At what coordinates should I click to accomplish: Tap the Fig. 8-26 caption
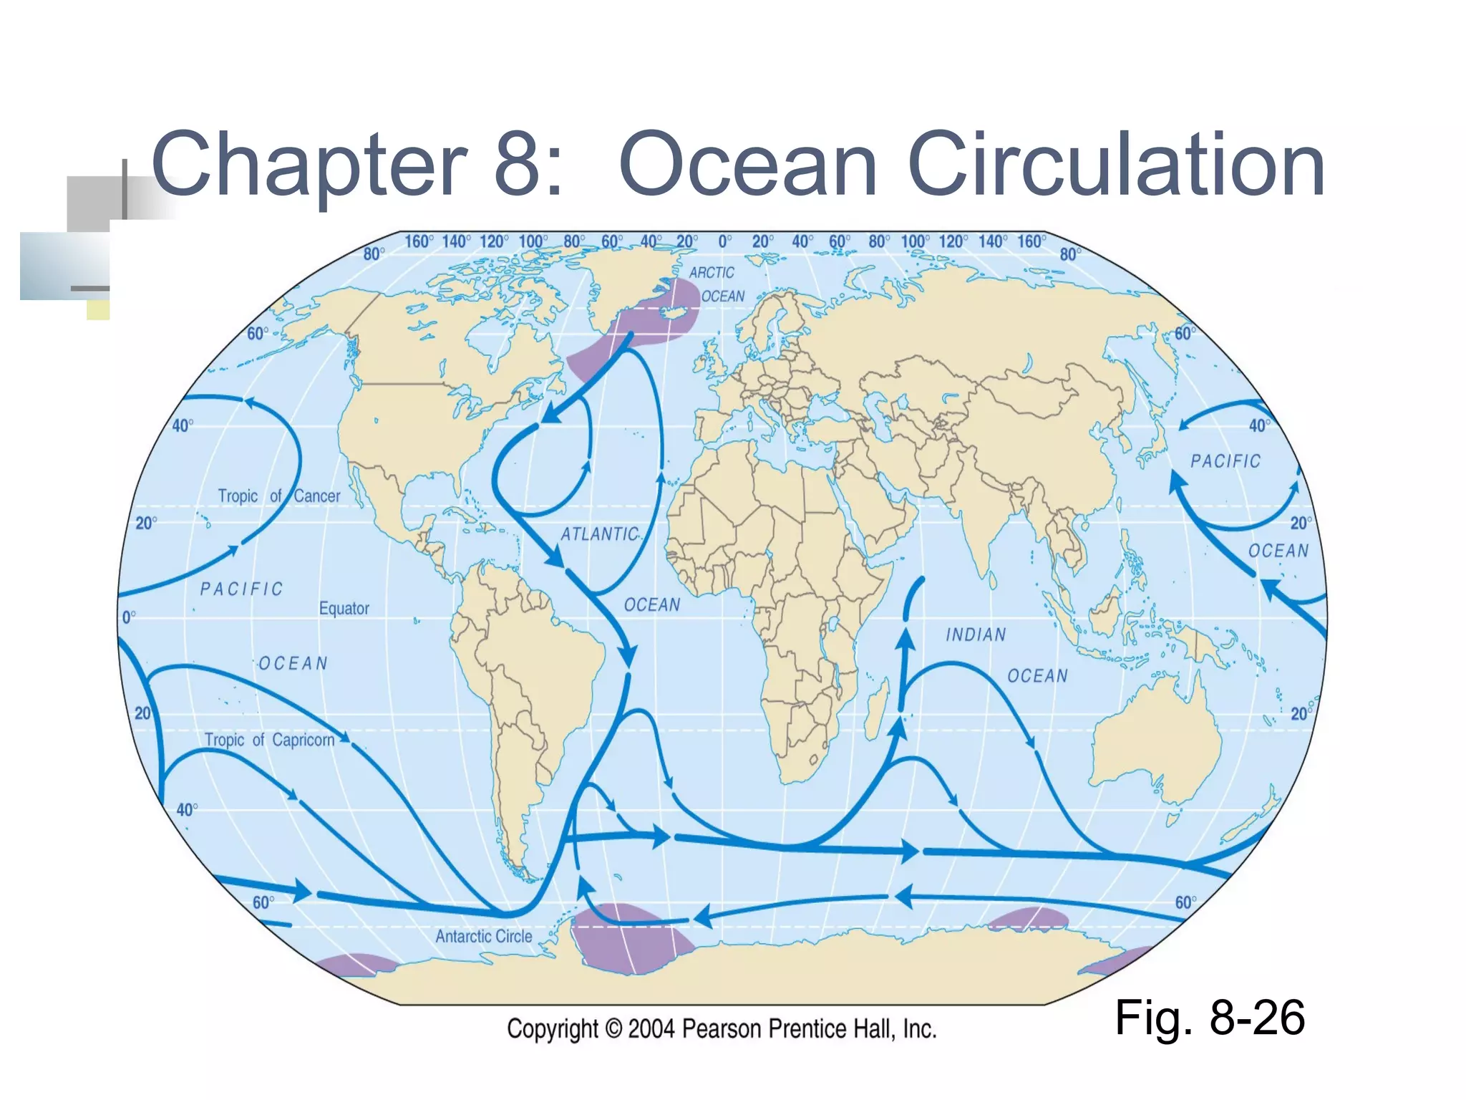(x=1210, y=1018)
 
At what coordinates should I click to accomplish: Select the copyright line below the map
(x=722, y=1029)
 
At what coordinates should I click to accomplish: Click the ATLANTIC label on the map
(x=599, y=534)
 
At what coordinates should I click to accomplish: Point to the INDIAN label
(x=976, y=635)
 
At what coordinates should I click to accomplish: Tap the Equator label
(x=344, y=609)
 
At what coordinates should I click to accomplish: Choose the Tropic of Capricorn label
(x=269, y=740)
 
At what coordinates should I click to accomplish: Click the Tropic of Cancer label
(x=279, y=496)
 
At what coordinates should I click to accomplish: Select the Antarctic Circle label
(x=483, y=936)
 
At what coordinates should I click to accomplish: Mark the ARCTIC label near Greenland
(x=712, y=273)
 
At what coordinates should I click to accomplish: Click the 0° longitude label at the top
(x=724, y=241)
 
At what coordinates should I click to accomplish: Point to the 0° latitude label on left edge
(x=129, y=617)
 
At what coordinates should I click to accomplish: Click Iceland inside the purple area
(x=674, y=312)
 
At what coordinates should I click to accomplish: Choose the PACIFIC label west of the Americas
(x=241, y=589)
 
